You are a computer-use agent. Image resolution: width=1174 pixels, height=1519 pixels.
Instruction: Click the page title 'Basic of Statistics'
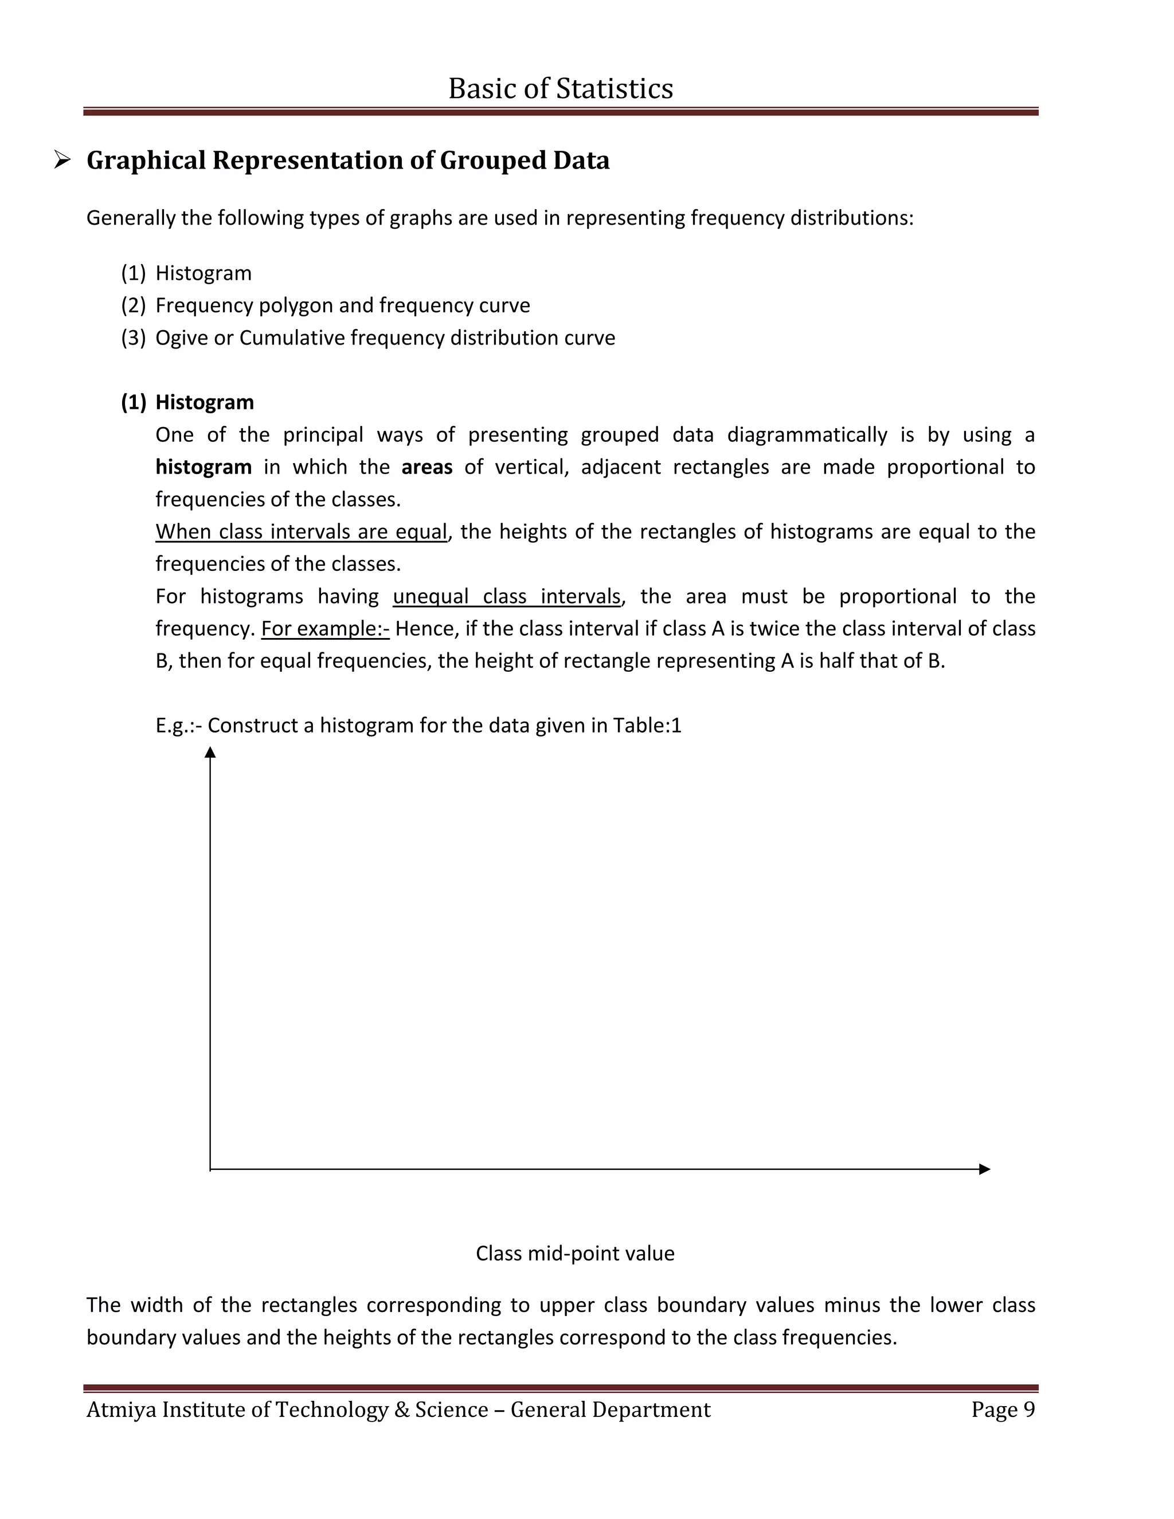[561, 88]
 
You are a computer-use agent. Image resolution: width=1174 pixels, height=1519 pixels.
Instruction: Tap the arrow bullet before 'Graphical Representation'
[62, 160]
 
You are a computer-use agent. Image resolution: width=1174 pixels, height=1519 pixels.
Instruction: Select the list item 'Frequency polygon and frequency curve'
[342, 306]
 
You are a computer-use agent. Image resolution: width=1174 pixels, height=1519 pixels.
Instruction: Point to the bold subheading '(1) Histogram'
[188, 402]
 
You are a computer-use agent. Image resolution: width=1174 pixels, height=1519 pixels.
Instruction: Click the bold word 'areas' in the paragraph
[426, 467]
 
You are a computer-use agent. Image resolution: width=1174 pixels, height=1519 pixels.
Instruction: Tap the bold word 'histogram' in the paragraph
[203, 467]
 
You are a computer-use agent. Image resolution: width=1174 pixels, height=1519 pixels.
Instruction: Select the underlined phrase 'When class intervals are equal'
[301, 531]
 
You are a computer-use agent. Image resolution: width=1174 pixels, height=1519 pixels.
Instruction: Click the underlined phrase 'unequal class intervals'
[506, 596]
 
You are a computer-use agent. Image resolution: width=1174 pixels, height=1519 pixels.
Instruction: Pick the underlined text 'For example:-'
[325, 629]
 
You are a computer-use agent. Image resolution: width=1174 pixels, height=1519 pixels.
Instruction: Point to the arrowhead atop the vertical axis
[210, 753]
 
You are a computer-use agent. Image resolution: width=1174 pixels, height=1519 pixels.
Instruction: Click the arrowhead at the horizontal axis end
[984, 1169]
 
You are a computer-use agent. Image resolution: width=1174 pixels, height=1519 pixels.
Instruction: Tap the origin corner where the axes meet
[210, 1169]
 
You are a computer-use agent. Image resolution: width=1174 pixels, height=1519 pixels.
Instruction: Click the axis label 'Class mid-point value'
[574, 1253]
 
